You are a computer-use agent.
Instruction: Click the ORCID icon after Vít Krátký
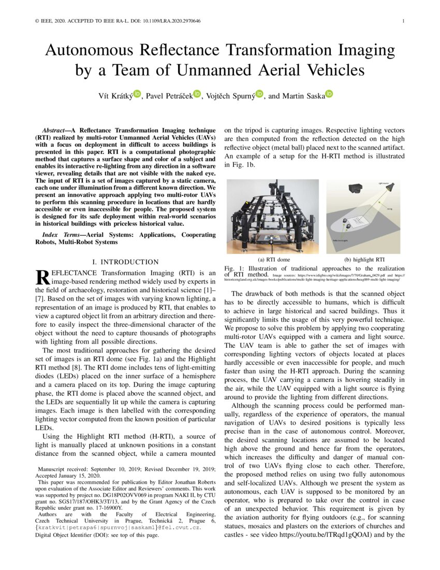point(137,94)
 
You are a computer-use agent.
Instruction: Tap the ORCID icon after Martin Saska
point(329,94)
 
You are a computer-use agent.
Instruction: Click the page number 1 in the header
point(403,21)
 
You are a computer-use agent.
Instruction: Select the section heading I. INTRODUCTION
point(125,262)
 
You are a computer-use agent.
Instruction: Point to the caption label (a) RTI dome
point(273,259)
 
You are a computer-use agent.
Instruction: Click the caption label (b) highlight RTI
point(365,259)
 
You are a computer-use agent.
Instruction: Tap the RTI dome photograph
point(273,216)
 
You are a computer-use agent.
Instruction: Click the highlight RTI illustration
point(365,216)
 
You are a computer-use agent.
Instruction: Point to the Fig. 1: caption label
point(233,268)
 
